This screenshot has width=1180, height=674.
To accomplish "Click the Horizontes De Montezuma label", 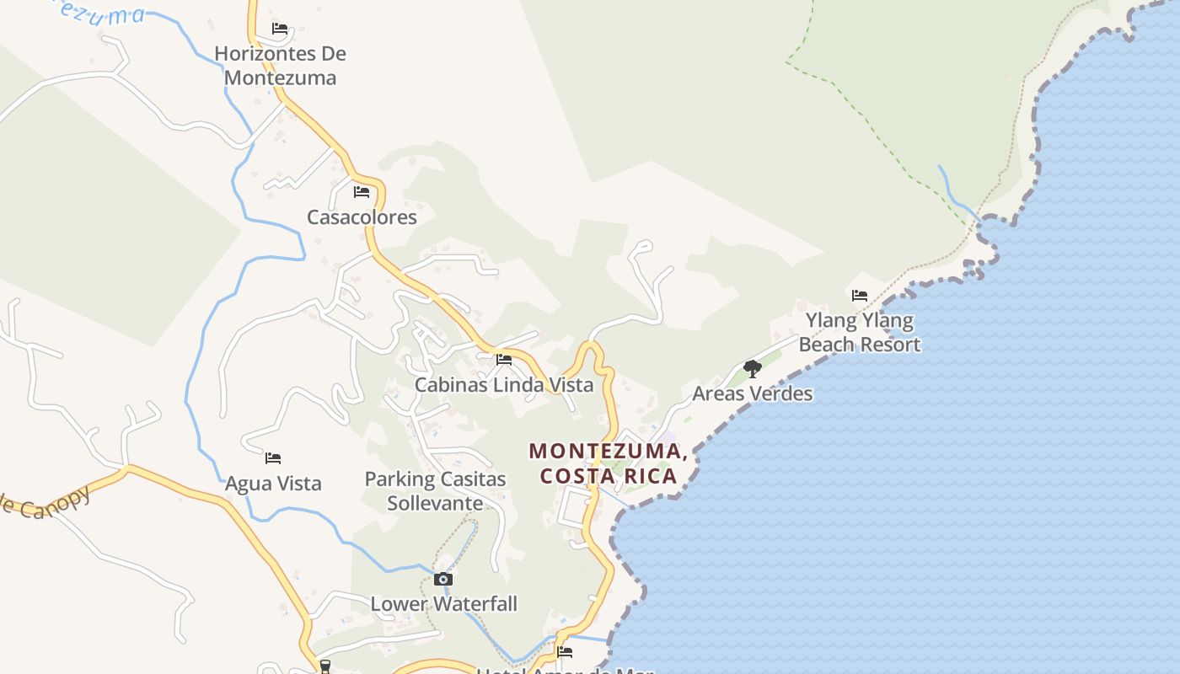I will click(x=280, y=66).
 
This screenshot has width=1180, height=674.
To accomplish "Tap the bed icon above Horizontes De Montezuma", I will click(x=280, y=29).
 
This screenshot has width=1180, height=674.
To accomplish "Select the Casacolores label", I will click(x=362, y=217).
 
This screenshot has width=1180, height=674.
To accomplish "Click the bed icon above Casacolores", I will click(x=362, y=192).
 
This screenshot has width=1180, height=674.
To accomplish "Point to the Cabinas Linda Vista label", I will click(x=504, y=385).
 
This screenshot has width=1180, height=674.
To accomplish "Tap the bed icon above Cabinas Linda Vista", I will click(x=504, y=360).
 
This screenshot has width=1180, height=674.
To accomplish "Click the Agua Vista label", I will click(x=273, y=484).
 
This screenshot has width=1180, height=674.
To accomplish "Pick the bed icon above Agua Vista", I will click(x=273, y=458).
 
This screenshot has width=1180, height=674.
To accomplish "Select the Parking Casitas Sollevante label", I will click(x=435, y=491).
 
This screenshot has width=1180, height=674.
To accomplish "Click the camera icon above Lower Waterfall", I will click(x=443, y=579).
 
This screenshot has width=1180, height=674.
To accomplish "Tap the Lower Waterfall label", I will click(x=443, y=604).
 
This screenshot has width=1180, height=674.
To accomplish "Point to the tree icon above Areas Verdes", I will click(x=752, y=368).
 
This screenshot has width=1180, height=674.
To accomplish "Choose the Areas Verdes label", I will click(x=752, y=393).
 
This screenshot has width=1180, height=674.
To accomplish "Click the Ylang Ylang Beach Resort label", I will click(x=860, y=332).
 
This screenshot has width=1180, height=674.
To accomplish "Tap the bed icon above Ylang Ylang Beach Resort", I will click(x=860, y=296).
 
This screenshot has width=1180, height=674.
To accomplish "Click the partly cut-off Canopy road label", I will click(x=46, y=503).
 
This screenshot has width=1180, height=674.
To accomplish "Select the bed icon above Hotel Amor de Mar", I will click(x=565, y=651).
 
